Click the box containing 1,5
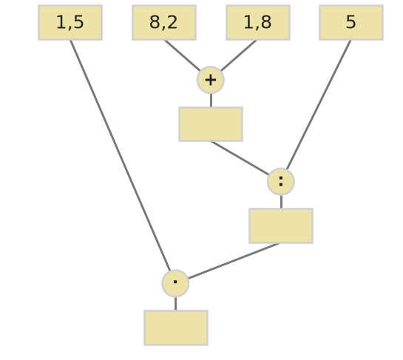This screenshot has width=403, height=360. pos(70,23)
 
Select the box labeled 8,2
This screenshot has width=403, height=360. pos(164,23)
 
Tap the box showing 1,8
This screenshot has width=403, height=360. pos(258,23)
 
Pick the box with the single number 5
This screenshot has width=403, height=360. pos(351,23)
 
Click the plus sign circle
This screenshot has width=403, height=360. pos(211,80)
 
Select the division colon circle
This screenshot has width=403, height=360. pos(281,182)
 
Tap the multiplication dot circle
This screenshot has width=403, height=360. pos(175,283)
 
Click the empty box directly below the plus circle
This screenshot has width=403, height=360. pos(211,124)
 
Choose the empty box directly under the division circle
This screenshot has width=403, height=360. pos(281,225)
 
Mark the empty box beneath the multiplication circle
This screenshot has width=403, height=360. pos(176,328)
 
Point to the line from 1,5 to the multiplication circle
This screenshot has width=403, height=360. pos(120,155)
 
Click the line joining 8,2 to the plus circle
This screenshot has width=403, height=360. pos(182,55)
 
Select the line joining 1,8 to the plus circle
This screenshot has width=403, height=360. pos(239,55)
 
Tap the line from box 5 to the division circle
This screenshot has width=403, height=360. pos(319,105)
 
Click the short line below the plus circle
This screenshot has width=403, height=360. pos(211,101)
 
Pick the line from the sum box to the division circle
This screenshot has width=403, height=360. pos(240,158)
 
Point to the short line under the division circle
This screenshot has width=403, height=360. pos(281,202)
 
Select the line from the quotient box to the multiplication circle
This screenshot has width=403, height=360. pos(234,261)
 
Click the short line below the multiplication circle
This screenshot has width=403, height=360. pos(175,304)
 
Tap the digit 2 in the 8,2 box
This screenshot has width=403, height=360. pos(172,22)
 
